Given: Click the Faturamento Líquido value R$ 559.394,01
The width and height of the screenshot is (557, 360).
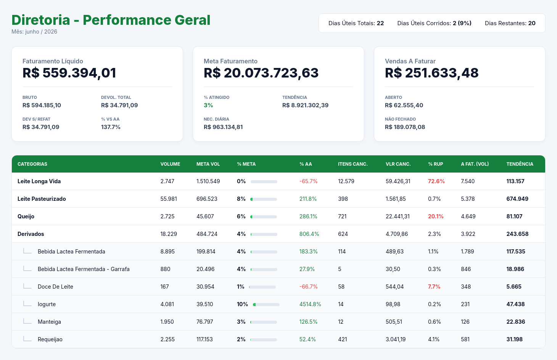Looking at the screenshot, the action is (x=69, y=73).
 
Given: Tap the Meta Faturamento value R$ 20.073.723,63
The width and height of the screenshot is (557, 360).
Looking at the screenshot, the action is (x=261, y=73).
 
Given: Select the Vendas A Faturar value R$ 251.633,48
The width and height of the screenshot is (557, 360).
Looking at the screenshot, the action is (x=432, y=73).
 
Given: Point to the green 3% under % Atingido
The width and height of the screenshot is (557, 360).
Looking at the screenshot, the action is (x=208, y=105).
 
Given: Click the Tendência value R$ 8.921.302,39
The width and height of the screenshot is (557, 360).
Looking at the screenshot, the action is (x=305, y=105).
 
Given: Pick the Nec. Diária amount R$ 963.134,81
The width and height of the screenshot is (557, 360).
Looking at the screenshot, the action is (x=223, y=127).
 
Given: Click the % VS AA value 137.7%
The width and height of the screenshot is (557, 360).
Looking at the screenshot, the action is (x=111, y=127).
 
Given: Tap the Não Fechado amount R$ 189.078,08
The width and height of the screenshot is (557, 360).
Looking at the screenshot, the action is (x=405, y=127).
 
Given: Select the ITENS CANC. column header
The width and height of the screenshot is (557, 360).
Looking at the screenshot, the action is (x=353, y=164).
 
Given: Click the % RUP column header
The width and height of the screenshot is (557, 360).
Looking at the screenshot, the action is (x=435, y=164).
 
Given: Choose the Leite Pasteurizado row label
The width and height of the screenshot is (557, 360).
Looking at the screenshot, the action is (x=42, y=199).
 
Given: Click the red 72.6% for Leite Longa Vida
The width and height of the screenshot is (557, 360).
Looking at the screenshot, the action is (x=436, y=181).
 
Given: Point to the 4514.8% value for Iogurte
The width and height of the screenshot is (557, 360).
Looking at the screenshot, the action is (x=310, y=304).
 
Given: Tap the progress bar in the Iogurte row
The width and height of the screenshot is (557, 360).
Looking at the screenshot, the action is (x=266, y=305).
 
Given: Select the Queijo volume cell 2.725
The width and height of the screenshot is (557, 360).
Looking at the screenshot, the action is (x=167, y=216).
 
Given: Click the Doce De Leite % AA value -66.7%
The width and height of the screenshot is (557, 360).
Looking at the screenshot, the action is (x=308, y=287).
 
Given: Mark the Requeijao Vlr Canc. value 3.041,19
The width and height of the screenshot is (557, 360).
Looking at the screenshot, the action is (x=396, y=339).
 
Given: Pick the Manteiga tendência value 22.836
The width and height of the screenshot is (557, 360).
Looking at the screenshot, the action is (x=515, y=322).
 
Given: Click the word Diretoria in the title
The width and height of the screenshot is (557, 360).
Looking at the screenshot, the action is (x=41, y=20).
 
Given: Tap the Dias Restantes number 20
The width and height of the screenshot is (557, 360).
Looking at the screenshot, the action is (x=532, y=23).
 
